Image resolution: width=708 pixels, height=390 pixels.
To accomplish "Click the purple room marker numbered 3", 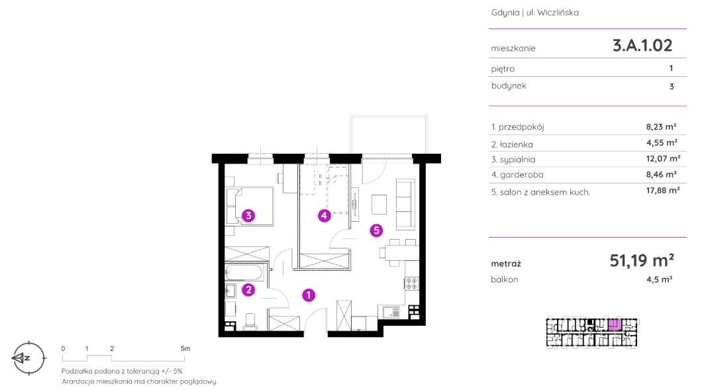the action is point(248,216).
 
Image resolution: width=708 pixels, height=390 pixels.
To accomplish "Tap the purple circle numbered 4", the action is point(324,216).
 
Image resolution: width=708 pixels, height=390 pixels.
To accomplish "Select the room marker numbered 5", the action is point(376,230).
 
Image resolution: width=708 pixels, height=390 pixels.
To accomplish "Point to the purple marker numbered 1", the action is point(309,295).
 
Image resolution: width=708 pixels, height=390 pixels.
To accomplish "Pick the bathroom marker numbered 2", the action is point(248,290).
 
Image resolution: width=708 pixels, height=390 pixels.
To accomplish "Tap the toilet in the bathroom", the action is point(251,320).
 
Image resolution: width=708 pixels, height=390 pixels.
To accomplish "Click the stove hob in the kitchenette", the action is point(412,283).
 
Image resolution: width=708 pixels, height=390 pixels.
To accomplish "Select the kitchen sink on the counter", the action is point(391,311).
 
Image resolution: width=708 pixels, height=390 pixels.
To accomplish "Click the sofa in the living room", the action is point(405,205).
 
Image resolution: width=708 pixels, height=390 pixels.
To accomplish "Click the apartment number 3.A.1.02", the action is point(642,45).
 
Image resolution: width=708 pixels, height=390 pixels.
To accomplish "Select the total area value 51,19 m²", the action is point(642,260).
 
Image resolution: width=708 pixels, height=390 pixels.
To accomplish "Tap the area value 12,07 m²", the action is point(663,158).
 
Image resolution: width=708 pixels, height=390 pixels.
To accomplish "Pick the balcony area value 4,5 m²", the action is point(659,279).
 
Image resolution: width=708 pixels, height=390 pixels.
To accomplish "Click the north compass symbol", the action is point(28,358).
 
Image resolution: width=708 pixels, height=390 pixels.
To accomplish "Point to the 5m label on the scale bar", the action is point(185,348).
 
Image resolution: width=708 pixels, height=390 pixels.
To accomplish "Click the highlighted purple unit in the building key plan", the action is point(615,325).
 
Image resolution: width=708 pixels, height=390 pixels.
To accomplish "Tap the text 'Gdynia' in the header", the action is point(505,13).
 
